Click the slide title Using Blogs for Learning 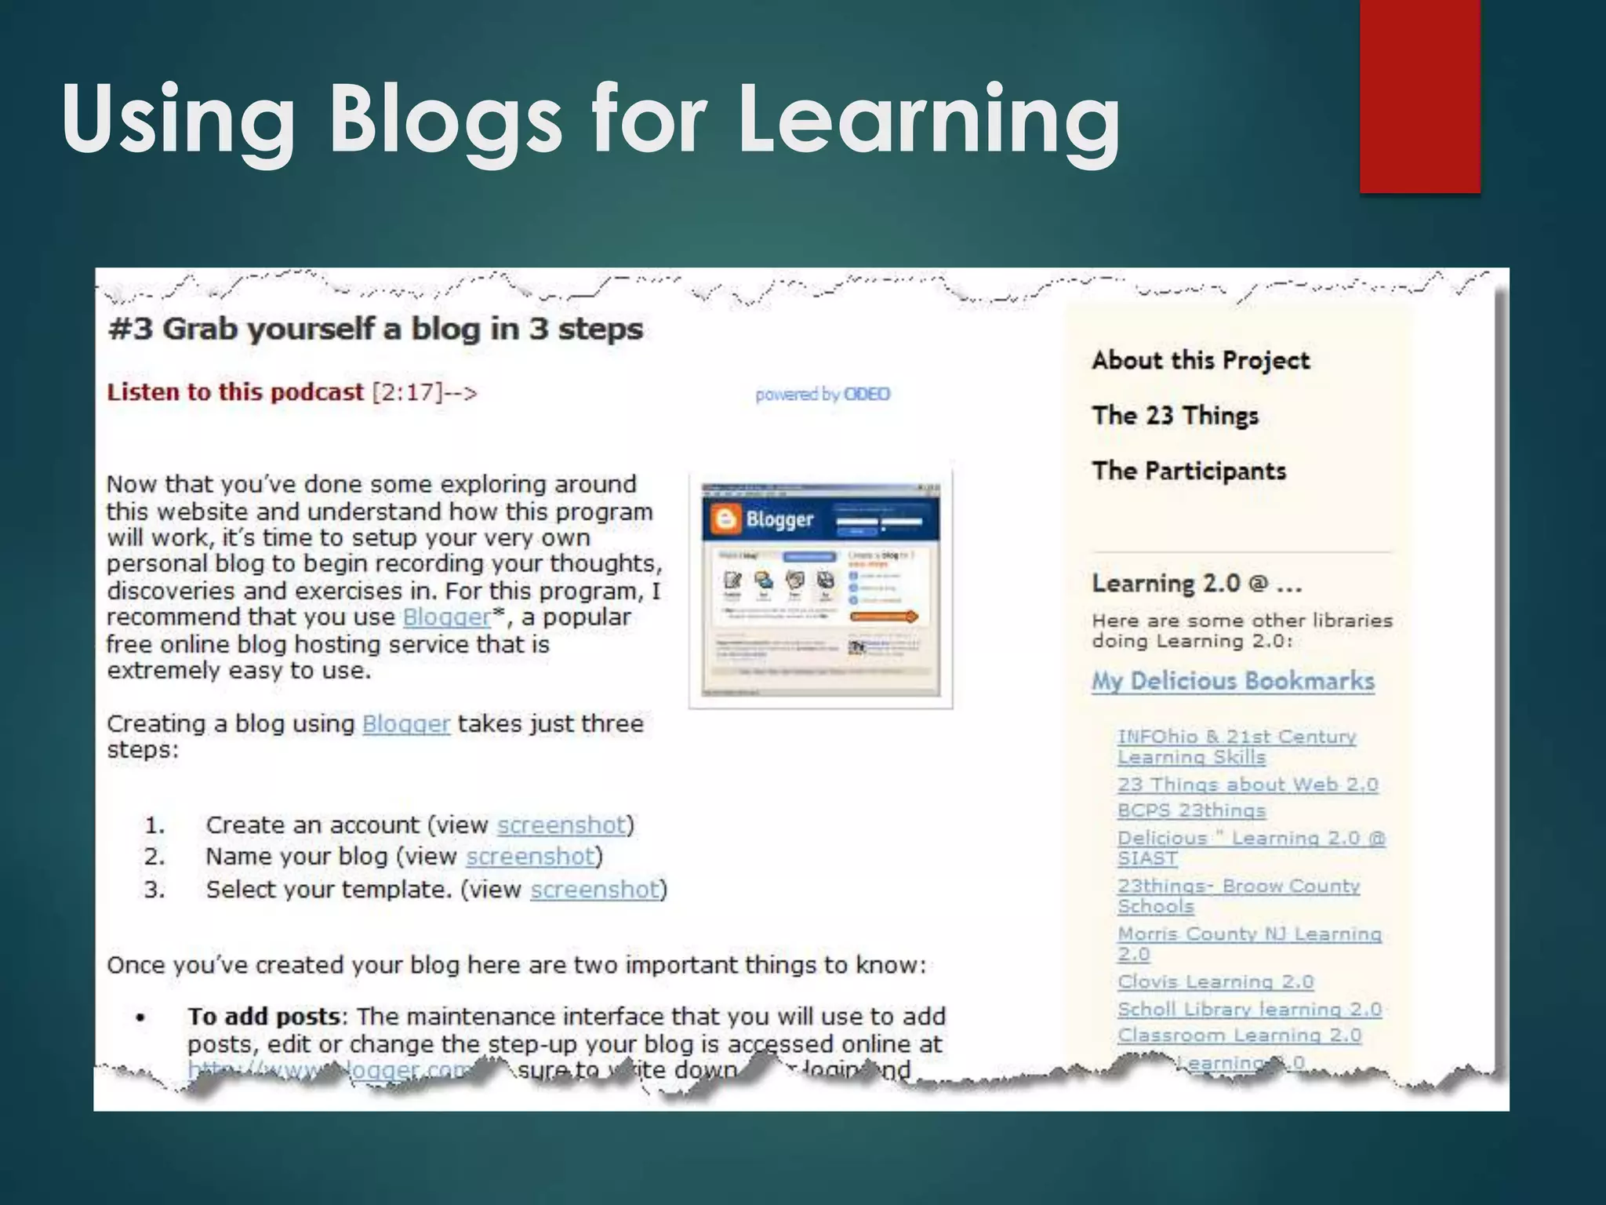(x=591, y=119)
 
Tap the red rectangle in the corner (x=1419, y=96)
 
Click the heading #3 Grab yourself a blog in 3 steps (x=376, y=329)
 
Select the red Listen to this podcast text (x=235, y=392)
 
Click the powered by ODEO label (x=823, y=395)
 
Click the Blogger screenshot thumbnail (x=820, y=589)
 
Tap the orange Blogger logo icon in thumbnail (x=725, y=519)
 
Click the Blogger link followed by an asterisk (x=446, y=617)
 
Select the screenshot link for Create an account (x=561, y=825)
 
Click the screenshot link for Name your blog (x=531, y=857)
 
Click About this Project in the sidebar (x=1201, y=361)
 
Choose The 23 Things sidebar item (x=1175, y=416)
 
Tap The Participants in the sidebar (x=1189, y=471)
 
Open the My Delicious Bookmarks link (x=1233, y=681)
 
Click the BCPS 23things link (x=1191, y=810)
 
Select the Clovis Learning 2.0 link (x=1215, y=982)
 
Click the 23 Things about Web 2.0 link (x=1248, y=785)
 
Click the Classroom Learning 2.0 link (x=1239, y=1036)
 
